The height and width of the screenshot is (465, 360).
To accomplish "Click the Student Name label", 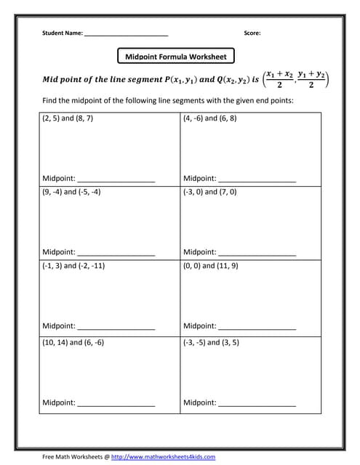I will click(x=63, y=33).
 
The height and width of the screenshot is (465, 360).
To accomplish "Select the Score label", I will click(x=252, y=33).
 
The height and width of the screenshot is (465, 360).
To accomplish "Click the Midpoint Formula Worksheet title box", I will click(x=176, y=56).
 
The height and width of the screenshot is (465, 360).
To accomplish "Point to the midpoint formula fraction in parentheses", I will click(x=296, y=79).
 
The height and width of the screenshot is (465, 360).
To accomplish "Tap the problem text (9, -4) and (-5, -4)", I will click(x=71, y=192).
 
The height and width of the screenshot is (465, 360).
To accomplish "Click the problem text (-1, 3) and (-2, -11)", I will click(x=73, y=265).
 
